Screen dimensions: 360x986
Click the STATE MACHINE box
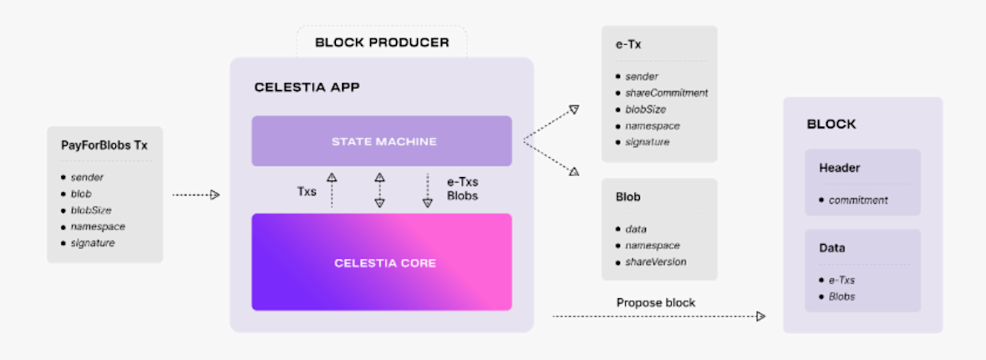pyautogui.click(x=381, y=141)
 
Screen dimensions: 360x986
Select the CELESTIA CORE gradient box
pyautogui.click(x=381, y=262)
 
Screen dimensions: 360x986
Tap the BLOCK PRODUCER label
pyautogui.click(x=382, y=43)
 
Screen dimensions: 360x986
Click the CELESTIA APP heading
pyautogui.click(x=307, y=87)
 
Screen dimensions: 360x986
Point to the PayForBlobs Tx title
pyautogui.click(x=104, y=145)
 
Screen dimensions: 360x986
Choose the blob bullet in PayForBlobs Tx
pyautogui.click(x=81, y=194)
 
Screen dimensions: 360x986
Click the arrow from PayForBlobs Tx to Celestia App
pyautogui.click(x=196, y=195)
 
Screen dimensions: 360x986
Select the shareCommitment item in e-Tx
pyautogui.click(x=666, y=93)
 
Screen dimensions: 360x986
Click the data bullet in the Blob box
pyautogui.click(x=636, y=229)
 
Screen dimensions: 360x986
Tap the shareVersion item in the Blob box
pyautogui.click(x=656, y=261)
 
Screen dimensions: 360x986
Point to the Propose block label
pyautogui.click(x=656, y=302)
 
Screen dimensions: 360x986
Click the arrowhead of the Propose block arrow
pyautogui.click(x=760, y=317)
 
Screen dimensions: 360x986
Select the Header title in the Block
pyautogui.click(x=839, y=168)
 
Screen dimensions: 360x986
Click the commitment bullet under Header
pyautogui.click(x=858, y=200)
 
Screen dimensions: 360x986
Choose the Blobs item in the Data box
pyautogui.click(x=841, y=296)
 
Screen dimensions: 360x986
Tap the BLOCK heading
pyautogui.click(x=831, y=124)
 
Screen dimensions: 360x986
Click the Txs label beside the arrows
pyautogui.click(x=307, y=191)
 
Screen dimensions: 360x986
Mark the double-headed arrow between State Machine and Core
pyautogui.click(x=379, y=190)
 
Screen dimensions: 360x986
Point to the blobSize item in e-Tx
pyautogui.click(x=646, y=109)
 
